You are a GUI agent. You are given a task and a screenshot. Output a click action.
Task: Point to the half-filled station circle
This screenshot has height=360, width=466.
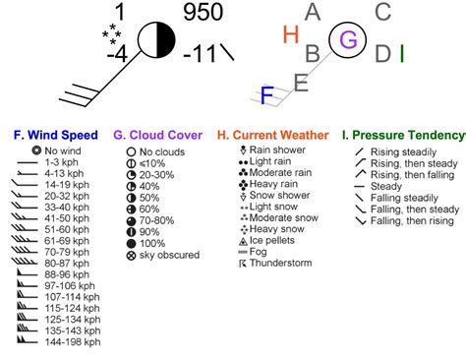pyautogui.click(x=155, y=40)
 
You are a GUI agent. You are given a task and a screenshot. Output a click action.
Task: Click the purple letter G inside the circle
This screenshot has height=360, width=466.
pyautogui.click(x=347, y=39)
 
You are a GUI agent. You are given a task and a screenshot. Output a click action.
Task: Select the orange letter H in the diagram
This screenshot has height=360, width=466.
pyautogui.click(x=290, y=35)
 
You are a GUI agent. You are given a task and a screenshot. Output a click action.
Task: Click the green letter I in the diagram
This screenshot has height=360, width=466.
pyautogui.click(x=403, y=52)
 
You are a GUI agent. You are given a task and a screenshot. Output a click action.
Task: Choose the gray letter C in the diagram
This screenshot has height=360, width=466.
pyautogui.click(x=383, y=12)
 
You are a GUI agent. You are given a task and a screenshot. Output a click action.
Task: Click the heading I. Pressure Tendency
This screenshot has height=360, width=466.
pyautogui.click(x=404, y=134)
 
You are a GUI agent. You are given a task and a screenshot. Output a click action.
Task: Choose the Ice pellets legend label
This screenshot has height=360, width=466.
pyautogui.click(x=279, y=239)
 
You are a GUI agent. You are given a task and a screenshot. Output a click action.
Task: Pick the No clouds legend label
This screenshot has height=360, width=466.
pyautogui.click(x=163, y=152)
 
